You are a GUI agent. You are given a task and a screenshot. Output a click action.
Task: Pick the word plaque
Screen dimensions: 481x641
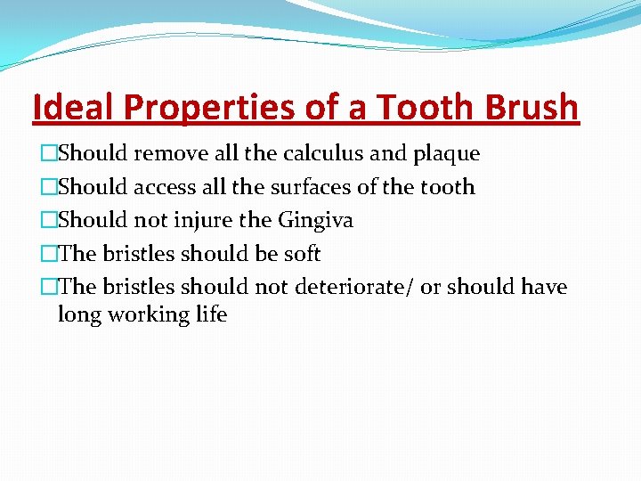tap(446, 154)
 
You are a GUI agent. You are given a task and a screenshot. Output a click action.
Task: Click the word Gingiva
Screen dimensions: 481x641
tap(315, 221)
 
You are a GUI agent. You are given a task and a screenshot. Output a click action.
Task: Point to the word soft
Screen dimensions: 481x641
tap(302, 254)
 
